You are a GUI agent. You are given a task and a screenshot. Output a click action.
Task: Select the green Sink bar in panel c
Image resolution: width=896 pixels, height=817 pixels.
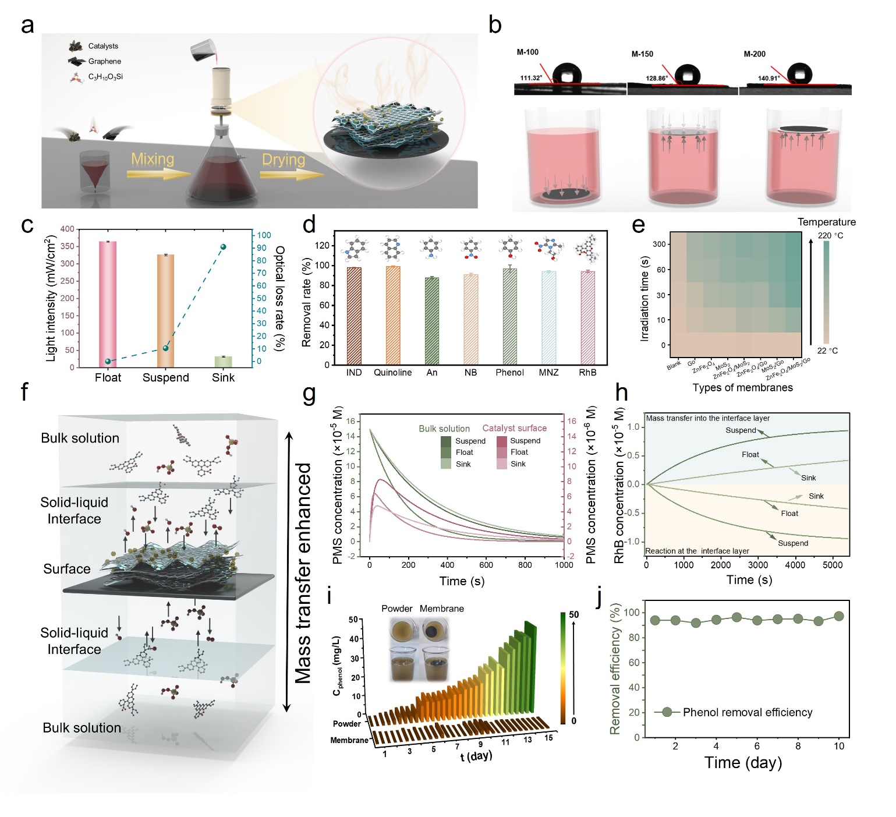click(x=223, y=362)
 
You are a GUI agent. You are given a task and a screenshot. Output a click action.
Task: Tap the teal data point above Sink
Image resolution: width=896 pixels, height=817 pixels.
click(x=223, y=247)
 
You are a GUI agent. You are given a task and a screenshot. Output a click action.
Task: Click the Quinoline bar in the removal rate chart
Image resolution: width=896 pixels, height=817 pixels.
click(x=393, y=316)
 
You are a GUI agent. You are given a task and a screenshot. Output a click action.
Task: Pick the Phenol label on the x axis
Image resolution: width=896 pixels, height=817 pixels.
click(x=509, y=373)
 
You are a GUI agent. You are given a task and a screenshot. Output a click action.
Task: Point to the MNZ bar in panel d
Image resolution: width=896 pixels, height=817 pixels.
click(x=548, y=318)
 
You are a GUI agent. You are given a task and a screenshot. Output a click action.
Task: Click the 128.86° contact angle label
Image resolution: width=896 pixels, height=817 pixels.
click(x=657, y=78)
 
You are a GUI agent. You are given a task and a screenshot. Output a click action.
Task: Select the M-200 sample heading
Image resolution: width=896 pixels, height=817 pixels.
click(x=755, y=54)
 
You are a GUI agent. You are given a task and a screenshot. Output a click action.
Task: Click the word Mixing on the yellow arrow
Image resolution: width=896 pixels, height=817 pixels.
click(x=153, y=160)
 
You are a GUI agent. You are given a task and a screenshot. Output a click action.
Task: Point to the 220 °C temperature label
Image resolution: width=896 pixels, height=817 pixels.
click(x=830, y=236)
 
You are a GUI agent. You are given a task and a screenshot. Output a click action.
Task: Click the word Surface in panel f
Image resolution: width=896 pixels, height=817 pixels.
click(x=67, y=569)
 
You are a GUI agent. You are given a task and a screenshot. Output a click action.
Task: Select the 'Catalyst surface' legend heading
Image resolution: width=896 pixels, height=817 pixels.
click(x=514, y=429)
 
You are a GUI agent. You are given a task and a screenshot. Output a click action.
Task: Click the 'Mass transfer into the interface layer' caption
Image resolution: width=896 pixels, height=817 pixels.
click(x=707, y=418)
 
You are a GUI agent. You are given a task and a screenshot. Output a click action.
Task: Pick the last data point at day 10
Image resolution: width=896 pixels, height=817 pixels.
click(x=839, y=616)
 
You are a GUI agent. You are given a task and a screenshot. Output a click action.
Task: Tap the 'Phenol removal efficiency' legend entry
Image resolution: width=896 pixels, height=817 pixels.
click(x=748, y=712)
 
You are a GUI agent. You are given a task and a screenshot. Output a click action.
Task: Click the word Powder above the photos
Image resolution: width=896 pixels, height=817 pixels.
click(x=397, y=609)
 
